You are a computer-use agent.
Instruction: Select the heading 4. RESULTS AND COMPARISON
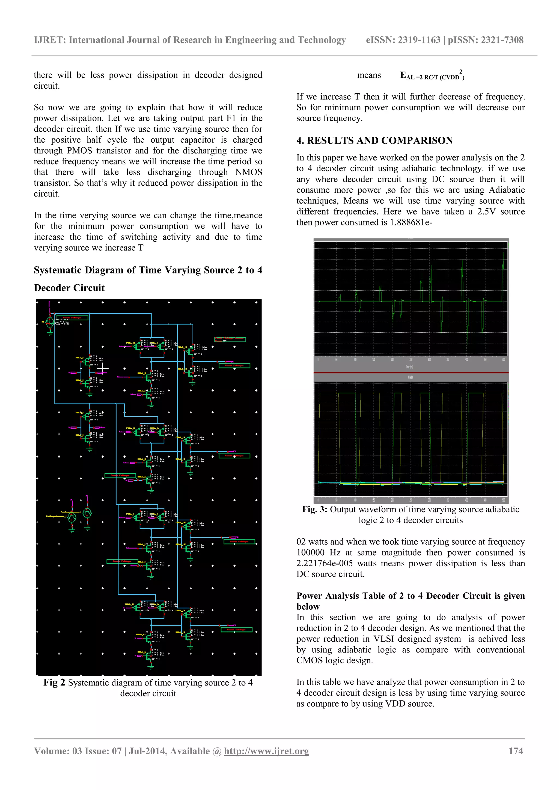pyautogui.click(x=374, y=140)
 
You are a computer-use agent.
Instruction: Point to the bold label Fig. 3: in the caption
pyautogui.click(x=315, y=509)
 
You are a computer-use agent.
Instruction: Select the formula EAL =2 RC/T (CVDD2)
pyautogui.click(x=432, y=76)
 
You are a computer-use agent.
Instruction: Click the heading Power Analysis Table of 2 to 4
pyautogui.click(x=410, y=596)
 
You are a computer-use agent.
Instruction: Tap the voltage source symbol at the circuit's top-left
pyautogui.click(x=50, y=322)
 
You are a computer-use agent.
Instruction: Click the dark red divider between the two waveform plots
pyautogui.click(x=411, y=373)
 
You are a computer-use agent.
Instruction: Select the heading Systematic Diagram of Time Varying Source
pyautogui.click(x=148, y=270)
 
